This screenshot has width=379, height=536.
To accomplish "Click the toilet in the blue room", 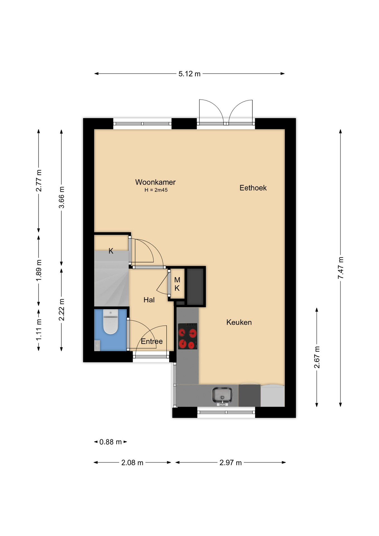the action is (x=111, y=322).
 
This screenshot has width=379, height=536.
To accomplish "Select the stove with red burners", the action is (x=188, y=336).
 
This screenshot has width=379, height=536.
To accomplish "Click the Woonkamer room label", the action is (x=155, y=182).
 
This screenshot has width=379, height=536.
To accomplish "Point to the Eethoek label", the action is (x=253, y=188).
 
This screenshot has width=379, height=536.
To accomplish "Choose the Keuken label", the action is (x=239, y=322).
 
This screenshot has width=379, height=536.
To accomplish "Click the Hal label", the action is (x=149, y=300).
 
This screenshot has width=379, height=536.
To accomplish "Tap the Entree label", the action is (x=152, y=341).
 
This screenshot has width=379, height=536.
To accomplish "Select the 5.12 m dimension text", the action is (x=189, y=74).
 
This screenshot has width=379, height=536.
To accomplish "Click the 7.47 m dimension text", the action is (x=340, y=268).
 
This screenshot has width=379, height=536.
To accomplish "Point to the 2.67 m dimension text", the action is (x=317, y=357).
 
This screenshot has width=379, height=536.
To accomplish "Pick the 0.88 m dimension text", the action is (x=111, y=442).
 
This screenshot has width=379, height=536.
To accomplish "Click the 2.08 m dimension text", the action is (x=132, y=463).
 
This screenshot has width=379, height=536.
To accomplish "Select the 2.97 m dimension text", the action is (x=231, y=463).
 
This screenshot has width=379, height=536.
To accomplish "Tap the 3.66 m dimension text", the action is (x=61, y=197).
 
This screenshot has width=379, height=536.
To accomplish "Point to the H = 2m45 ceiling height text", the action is (x=156, y=190).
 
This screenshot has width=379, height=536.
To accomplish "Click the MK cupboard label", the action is (x=177, y=284).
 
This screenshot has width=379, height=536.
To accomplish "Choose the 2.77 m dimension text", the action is (x=39, y=181).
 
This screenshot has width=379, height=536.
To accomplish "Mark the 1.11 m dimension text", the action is (x=39, y=330).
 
